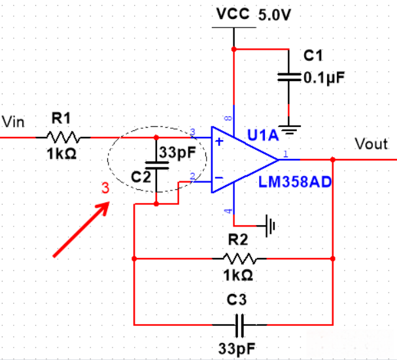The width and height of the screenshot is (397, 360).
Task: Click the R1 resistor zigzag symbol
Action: (x=63, y=137)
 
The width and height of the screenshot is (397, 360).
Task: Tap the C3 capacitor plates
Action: (x=241, y=323)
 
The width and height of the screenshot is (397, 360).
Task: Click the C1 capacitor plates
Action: (x=288, y=77)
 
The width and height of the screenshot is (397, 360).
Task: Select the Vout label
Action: (x=371, y=143)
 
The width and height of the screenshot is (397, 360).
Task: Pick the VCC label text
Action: (x=233, y=14)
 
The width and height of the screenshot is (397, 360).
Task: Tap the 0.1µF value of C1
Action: (x=324, y=77)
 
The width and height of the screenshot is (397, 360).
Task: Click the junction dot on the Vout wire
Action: (x=333, y=159)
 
